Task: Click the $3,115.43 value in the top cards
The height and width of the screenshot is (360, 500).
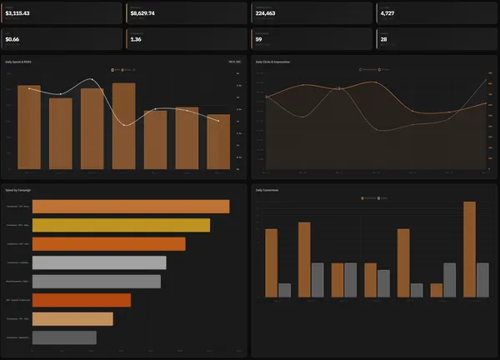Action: pyautogui.click(x=17, y=14)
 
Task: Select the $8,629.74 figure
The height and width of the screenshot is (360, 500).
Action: pyautogui.click(x=142, y=14)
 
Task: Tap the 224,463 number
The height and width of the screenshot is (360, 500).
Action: pyautogui.click(x=266, y=14)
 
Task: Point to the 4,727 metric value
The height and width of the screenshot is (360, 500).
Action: pyautogui.click(x=387, y=14)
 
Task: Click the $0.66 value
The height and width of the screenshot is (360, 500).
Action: pyautogui.click(x=12, y=39)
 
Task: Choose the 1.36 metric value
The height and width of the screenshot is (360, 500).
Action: pyautogui.click(x=136, y=39)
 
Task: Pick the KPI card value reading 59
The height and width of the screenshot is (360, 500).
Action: pyautogui.click(x=259, y=39)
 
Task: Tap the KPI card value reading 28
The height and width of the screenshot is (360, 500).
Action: pyautogui.click(x=383, y=39)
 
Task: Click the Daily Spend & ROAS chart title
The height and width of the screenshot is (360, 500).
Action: pyautogui.click(x=22, y=62)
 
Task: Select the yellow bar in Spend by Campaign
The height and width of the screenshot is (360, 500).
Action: pyautogui.click(x=121, y=225)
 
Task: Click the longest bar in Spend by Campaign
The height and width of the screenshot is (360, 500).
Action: pyautogui.click(x=130, y=207)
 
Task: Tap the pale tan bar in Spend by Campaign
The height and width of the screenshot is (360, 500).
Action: pyautogui.click(x=72, y=318)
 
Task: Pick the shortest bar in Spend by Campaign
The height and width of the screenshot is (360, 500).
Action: pyautogui.click(x=64, y=337)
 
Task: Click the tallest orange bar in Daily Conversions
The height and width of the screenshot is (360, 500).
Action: pyautogui.click(x=469, y=249)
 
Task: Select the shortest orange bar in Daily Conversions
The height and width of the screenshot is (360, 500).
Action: pyautogui.click(x=436, y=291)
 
